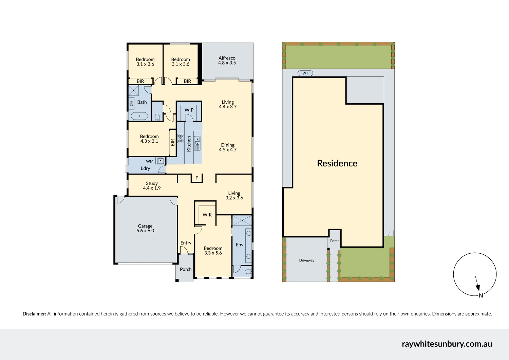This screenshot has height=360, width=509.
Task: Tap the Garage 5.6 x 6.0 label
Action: (145, 228)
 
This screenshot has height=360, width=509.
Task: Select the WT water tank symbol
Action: (305, 73)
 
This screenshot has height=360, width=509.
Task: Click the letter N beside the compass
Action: (481, 295)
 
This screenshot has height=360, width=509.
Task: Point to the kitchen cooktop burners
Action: (181, 138)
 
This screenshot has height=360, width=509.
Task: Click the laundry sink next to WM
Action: (161, 161)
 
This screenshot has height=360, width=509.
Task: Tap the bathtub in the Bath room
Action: (139, 116)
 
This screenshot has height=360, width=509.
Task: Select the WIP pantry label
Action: (189, 110)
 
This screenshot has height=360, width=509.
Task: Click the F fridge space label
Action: (197, 178)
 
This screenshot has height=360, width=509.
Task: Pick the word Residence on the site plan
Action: (337, 163)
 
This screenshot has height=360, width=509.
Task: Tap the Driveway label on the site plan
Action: (306, 260)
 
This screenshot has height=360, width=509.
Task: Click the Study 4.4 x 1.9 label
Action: (152, 186)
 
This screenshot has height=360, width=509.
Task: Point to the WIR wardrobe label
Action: (207, 215)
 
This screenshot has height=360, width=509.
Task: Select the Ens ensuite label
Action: (240, 245)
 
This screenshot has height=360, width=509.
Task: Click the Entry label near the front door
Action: (186, 243)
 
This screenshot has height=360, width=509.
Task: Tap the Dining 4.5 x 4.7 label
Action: (228, 147)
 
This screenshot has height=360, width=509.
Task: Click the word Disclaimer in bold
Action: (34, 314)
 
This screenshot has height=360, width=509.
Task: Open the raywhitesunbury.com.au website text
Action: (447, 344)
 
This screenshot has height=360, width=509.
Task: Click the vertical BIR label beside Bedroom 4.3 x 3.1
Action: (173, 143)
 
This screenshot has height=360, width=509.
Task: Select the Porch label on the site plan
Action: (335, 241)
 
